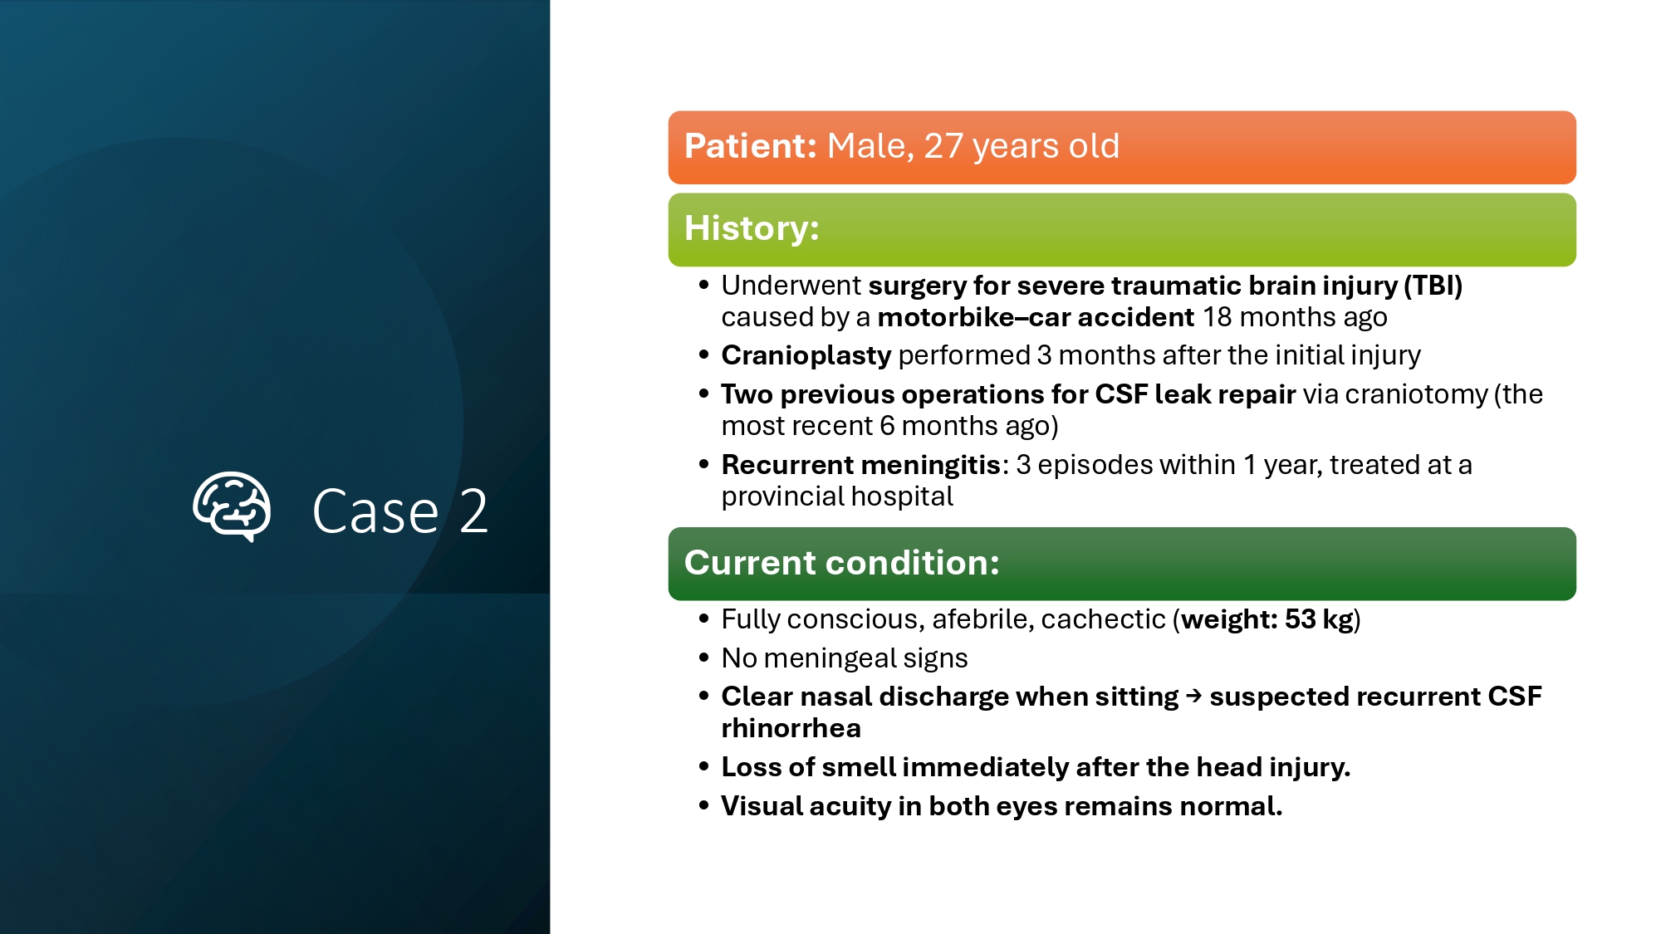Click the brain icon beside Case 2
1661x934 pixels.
click(232, 506)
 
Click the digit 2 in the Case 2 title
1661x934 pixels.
click(473, 511)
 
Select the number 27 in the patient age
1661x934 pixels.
click(943, 146)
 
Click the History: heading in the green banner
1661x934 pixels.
click(752, 228)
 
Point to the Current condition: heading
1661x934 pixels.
click(841, 563)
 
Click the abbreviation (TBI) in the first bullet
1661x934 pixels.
click(1433, 286)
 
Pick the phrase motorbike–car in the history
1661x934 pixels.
click(974, 317)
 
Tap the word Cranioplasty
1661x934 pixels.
click(806, 355)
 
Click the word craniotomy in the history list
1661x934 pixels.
click(1416, 394)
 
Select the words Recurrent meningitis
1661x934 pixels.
click(861, 465)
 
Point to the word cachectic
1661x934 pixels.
click(1103, 619)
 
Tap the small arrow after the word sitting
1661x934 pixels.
click(1194, 696)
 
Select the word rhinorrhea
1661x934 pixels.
click(791, 728)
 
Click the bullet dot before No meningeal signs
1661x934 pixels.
click(704, 658)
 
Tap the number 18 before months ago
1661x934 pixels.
click(1218, 317)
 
